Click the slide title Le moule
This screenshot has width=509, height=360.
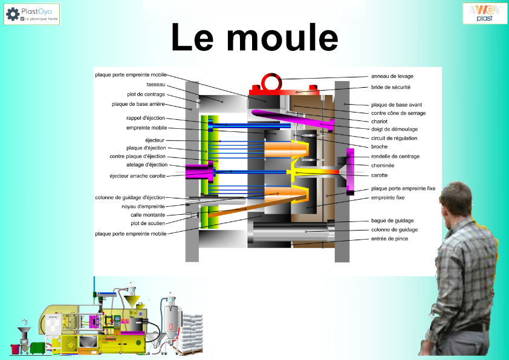click(254, 38)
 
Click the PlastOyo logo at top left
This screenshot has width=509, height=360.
click(36, 13)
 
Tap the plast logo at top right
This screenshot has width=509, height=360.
click(485, 13)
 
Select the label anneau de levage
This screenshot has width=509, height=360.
click(392, 76)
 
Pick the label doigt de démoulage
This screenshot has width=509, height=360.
click(394, 129)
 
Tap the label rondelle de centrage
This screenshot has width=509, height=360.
click(395, 156)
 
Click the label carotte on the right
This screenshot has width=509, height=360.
click(379, 175)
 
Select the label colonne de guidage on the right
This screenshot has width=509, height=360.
click(394, 230)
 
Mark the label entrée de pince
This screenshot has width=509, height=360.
click(389, 239)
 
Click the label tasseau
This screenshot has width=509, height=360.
click(155, 84)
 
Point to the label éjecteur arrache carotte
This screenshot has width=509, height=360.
click(137, 176)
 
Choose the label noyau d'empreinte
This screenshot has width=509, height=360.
click(143, 206)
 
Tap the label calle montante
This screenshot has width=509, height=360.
click(148, 215)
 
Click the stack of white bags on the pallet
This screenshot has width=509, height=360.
click(192, 330)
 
